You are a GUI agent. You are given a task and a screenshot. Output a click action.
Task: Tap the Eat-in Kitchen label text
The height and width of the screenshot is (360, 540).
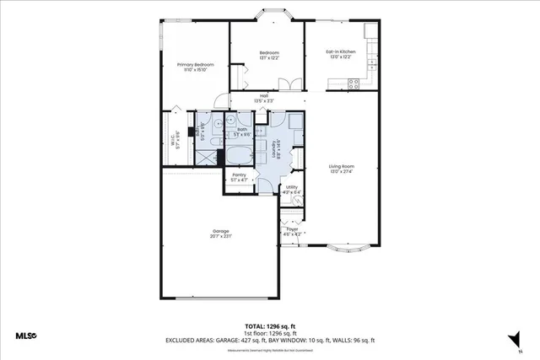coord(341,53)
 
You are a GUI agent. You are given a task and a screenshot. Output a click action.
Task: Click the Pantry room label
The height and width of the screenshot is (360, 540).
coord(239,176)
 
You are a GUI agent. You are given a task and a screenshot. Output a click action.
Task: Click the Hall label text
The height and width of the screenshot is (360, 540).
coord(264,96)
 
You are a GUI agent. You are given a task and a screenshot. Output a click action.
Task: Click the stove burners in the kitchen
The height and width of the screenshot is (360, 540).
coord(354,83)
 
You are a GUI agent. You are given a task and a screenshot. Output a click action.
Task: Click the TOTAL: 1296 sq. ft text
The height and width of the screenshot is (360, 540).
coord(269,325)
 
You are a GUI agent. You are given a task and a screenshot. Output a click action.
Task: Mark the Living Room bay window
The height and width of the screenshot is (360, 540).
coord(347,250)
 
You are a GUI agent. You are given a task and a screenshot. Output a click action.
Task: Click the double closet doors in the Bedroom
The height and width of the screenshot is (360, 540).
coord(289,85)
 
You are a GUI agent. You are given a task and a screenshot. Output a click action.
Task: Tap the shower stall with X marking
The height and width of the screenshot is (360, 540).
coord(205,155)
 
